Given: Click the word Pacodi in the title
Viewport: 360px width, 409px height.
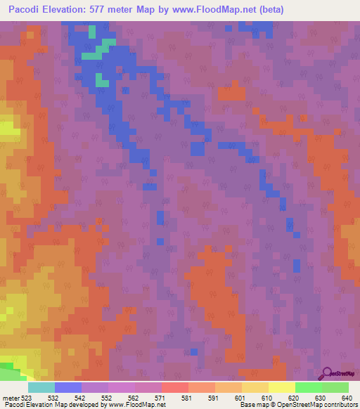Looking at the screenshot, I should point(25,10).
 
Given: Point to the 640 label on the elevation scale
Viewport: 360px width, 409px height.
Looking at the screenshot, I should point(347,398).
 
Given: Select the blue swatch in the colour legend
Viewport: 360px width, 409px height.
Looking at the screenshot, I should point(67,387).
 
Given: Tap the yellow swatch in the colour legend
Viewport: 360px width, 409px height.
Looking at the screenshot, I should point(281,387).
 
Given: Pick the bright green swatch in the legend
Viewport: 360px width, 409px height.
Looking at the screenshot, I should point(308,387).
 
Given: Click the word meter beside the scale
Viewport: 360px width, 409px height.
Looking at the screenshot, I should point(10,398).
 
